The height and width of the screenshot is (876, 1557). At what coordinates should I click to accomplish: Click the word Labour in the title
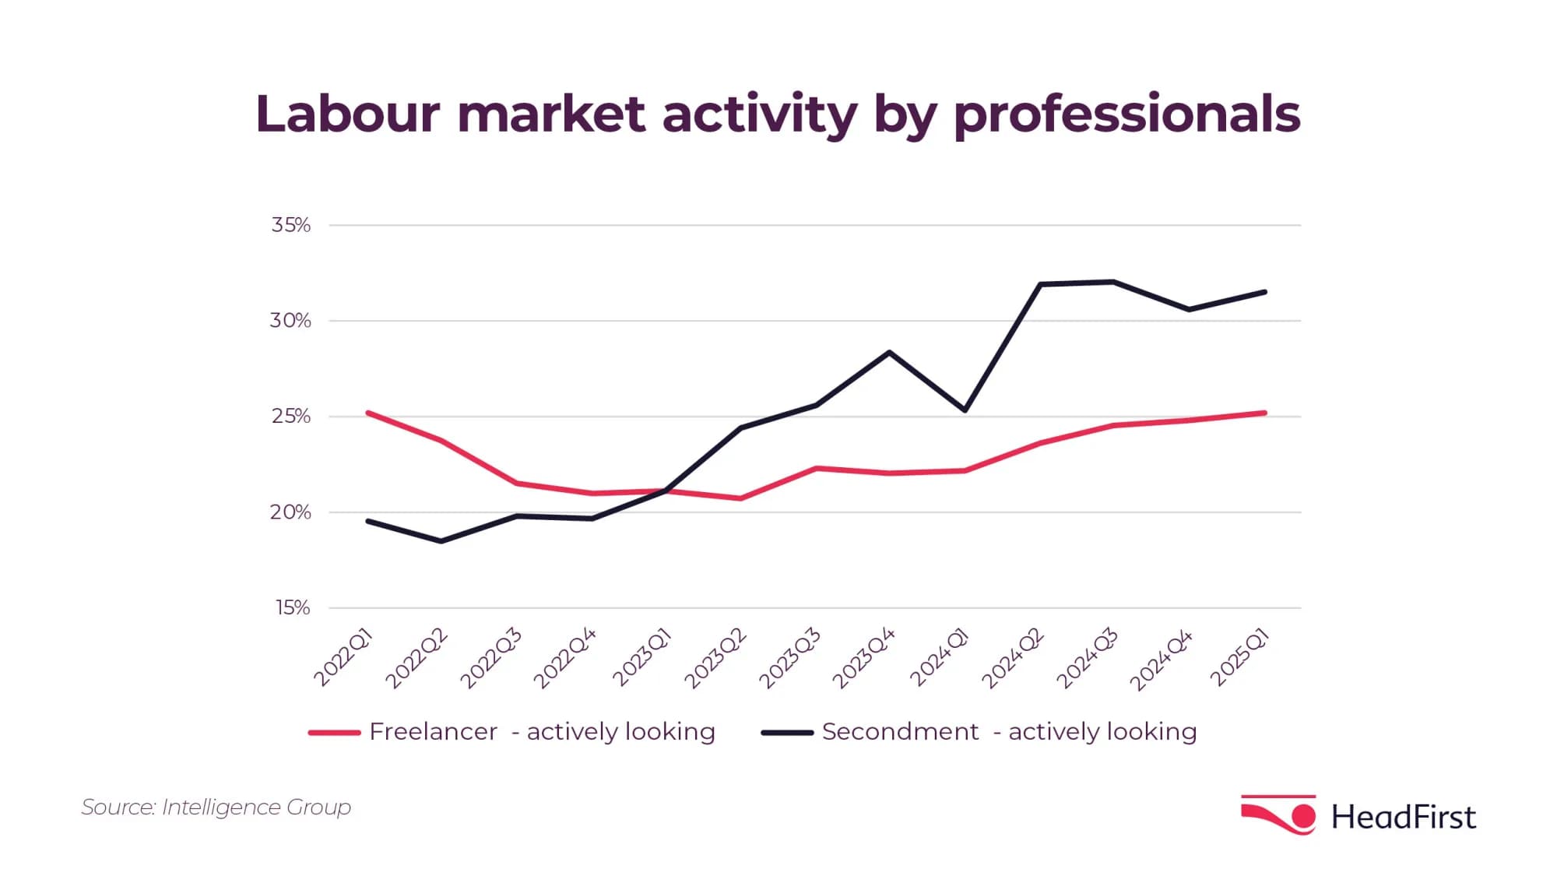coord(347,114)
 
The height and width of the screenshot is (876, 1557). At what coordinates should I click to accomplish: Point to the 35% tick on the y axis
coord(290,225)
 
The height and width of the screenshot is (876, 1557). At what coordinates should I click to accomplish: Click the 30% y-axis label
coord(290,321)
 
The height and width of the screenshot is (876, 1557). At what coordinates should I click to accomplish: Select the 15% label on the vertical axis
coord(292,608)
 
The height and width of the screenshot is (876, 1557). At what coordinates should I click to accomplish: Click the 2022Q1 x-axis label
coord(343,659)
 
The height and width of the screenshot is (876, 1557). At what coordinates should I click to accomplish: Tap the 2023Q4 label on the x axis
coord(863,659)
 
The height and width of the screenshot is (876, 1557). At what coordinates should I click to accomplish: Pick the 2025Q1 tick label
coord(1239,659)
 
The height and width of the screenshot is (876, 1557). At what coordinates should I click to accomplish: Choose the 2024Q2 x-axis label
coord(1012,659)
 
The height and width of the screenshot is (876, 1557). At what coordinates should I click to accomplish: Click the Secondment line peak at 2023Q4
coord(889,353)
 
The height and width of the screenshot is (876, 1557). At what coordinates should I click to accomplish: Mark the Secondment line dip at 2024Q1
coord(965,410)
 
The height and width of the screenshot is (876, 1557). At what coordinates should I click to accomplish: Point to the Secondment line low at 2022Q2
coord(441,540)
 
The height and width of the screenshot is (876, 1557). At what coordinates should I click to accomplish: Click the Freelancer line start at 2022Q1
coord(367,413)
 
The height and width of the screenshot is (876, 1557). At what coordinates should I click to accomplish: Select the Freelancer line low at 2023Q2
coord(740,498)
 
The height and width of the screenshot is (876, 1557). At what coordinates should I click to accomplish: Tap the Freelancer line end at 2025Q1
coord(1264,413)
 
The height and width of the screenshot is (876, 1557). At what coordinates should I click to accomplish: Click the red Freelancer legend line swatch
coord(334,733)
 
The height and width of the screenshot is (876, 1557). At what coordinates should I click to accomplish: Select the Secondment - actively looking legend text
coord(1009,732)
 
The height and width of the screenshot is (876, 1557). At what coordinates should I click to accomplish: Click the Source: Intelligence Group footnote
coord(216,807)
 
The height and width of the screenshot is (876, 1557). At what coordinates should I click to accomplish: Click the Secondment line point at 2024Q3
coord(1114,282)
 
